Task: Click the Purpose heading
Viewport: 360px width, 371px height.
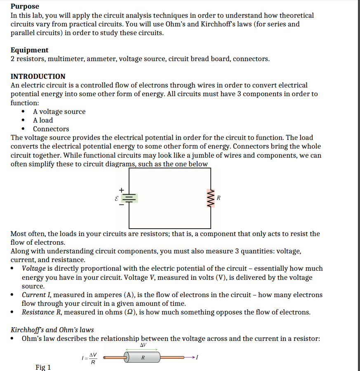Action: coord(25,6)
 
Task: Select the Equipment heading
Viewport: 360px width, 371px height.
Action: coord(29,50)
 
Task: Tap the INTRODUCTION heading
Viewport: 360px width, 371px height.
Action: coord(38,76)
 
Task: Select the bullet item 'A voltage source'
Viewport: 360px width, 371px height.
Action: coord(59,111)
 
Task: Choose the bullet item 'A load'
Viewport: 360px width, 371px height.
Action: coord(43,120)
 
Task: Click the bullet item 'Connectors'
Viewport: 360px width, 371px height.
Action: coord(51,129)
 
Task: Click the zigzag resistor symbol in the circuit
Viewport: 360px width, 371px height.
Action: coord(212,198)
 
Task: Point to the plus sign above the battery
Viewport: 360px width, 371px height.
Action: coord(121,189)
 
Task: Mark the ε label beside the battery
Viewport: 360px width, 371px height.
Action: coord(116,198)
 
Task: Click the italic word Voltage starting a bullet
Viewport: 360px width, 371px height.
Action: coord(34,269)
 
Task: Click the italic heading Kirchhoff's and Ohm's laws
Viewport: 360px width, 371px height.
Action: coord(52,330)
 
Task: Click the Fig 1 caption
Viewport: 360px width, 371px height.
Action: coord(43,367)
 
